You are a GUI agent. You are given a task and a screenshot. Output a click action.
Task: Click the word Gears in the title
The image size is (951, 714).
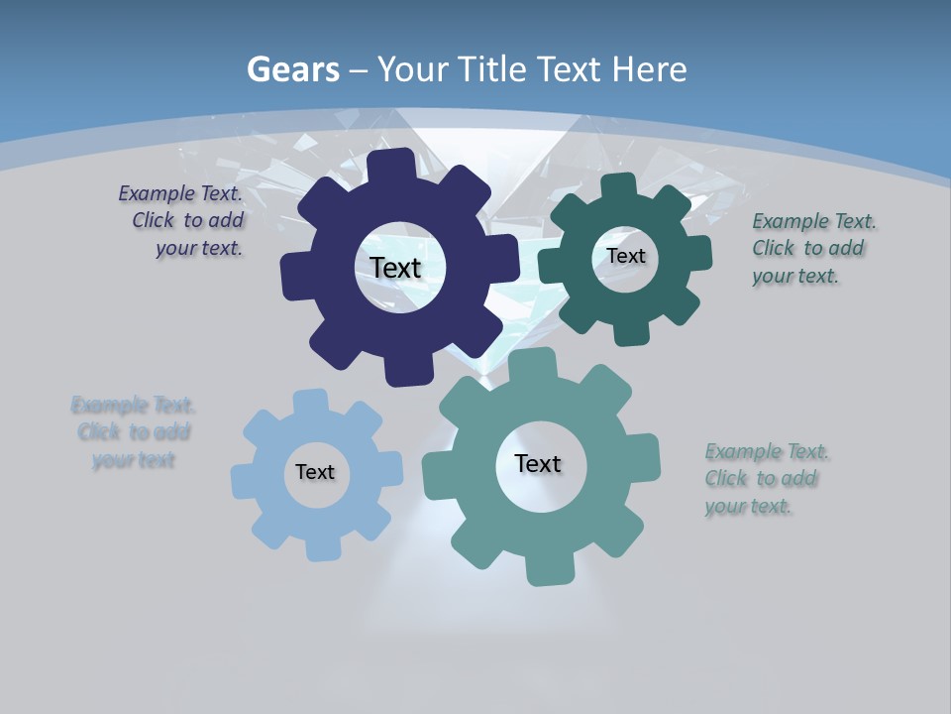pyautogui.click(x=293, y=69)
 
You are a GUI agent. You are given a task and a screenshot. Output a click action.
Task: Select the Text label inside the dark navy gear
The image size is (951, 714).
pyautogui.click(x=395, y=268)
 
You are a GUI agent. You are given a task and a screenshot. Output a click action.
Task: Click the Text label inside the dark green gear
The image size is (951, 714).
pyautogui.click(x=625, y=256)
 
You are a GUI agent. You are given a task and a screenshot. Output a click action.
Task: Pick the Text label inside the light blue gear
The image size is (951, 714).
pyautogui.click(x=315, y=472)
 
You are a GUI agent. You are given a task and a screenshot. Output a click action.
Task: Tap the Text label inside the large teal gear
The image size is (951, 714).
pyautogui.click(x=538, y=463)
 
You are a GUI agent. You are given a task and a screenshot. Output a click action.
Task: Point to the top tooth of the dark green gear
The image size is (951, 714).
pyautogui.click(x=618, y=186)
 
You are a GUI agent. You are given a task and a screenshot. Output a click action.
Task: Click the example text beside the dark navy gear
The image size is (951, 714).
pyautogui.click(x=183, y=221)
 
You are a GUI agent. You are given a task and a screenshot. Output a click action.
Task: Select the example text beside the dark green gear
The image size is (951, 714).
pyautogui.click(x=811, y=248)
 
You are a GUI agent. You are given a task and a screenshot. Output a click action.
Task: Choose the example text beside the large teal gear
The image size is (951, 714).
pyautogui.click(x=765, y=478)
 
